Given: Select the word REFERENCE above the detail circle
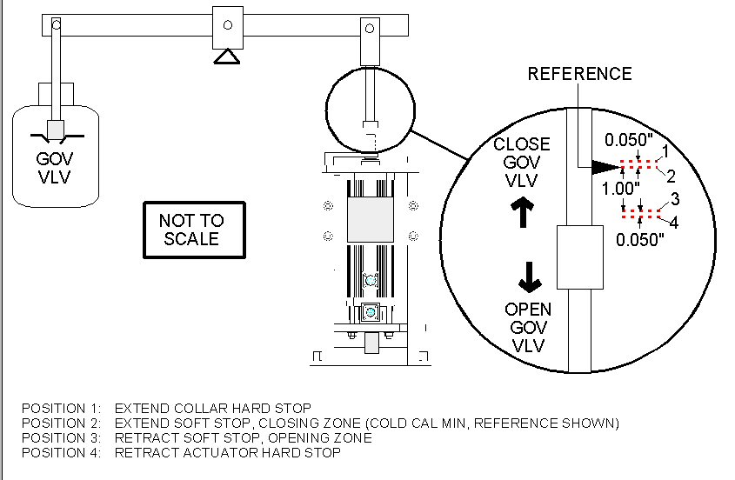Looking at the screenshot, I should click(580, 74).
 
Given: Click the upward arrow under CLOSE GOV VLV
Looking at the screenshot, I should click(524, 210).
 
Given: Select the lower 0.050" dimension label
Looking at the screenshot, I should click(640, 240).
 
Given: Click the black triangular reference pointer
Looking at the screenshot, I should click(605, 165).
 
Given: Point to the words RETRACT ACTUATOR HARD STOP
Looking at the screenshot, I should click(227, 452).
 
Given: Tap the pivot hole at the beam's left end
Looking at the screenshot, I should click(56, 26).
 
